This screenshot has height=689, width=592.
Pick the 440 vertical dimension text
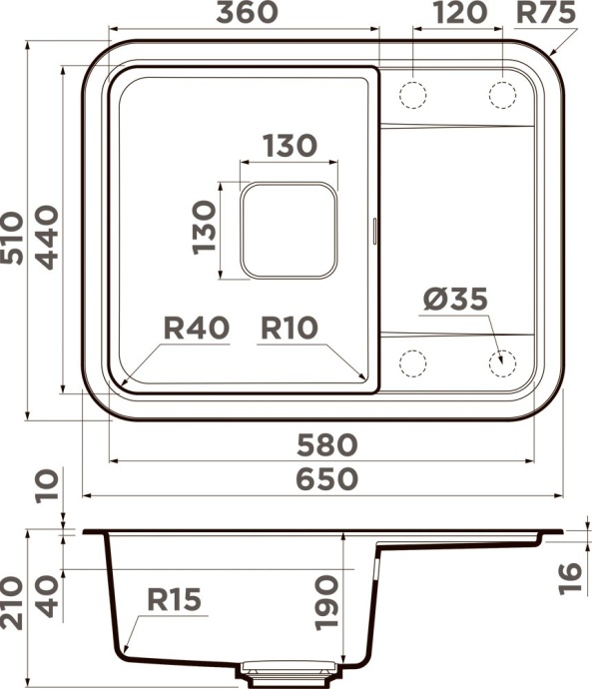tap(46, 237)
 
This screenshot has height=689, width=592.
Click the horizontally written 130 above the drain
tap(290, 146)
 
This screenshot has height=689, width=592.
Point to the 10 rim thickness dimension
tap(46, 488)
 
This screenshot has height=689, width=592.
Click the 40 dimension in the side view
tap(46, 596)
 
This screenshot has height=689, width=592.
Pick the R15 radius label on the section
tap(175, 599)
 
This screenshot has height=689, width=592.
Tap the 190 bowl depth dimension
tap(327, 601)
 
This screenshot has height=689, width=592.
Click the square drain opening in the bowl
tap(289, 231)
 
